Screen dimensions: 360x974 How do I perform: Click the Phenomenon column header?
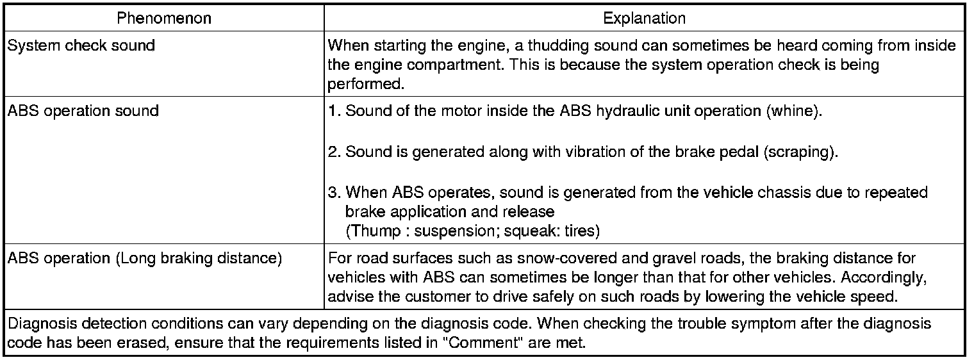(x=164, y=18)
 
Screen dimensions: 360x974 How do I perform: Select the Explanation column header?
(x=644, y=18)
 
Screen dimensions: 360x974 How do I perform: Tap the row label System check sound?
(x=81, y=46)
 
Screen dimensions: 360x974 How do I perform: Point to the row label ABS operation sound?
(x=83, y=110)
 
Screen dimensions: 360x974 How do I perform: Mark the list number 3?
(x=333, y=192)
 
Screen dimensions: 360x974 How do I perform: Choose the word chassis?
(x=753, y=192)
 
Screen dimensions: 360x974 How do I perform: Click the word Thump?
(x=370, y=231)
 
